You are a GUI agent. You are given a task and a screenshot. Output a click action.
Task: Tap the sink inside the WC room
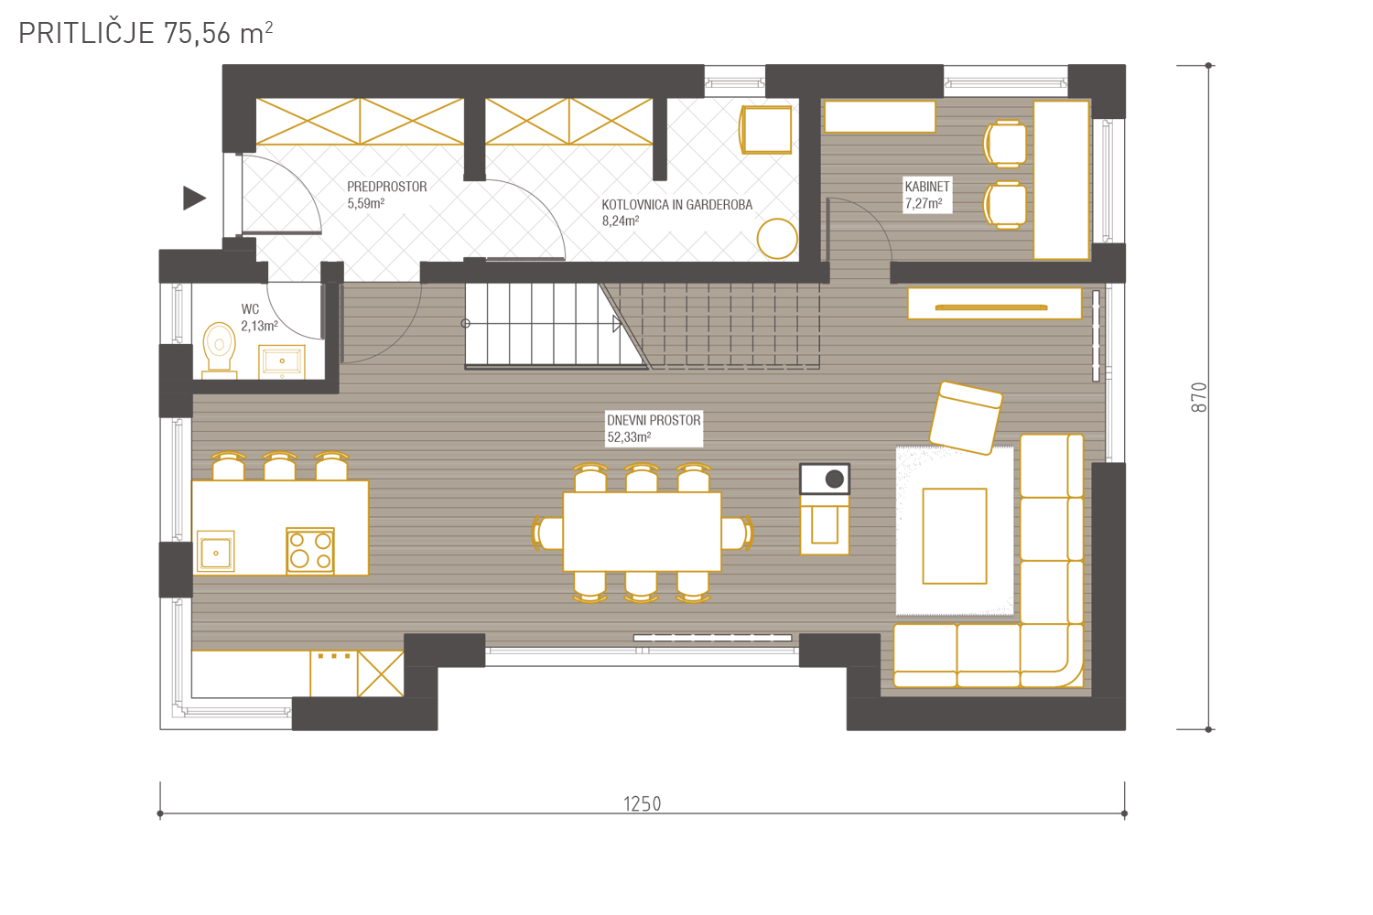(x=281, y=361)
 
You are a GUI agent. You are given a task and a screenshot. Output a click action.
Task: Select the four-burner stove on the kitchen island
(x=310, y=550)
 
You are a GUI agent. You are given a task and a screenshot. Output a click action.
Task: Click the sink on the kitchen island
(x=216, y=552)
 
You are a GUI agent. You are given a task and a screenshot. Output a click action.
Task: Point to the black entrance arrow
(x=194, y=198)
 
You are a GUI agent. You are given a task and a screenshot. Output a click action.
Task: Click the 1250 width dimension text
(x=643, y=803)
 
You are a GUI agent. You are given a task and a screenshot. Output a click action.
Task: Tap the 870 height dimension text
(x=1198, y=397)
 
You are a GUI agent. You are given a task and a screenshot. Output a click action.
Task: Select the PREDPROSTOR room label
(x=387, y=187)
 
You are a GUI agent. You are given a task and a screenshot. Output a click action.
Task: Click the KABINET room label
(x=926, y=187)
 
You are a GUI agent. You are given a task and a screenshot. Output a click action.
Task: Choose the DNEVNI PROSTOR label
(x=654, y=420)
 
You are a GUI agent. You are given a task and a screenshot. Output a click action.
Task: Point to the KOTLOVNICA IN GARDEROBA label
(x=676, y=205)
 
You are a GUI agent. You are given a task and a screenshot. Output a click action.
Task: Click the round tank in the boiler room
(x=776, y=239)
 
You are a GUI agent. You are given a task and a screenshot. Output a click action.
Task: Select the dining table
(x=642, y=532)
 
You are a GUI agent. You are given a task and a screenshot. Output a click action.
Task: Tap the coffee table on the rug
(x=955, y=536)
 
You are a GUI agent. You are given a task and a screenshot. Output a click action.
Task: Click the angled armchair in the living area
(x=966, y=418)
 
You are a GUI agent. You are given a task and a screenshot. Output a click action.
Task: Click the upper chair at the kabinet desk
(x=1005, y=144)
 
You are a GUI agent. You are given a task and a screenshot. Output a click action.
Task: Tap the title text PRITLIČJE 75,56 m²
(x=146, y=33)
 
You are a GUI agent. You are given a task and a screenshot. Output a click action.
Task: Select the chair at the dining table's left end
(x=547, y=533)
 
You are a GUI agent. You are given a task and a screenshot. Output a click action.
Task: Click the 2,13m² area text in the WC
(x=259, y=326)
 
